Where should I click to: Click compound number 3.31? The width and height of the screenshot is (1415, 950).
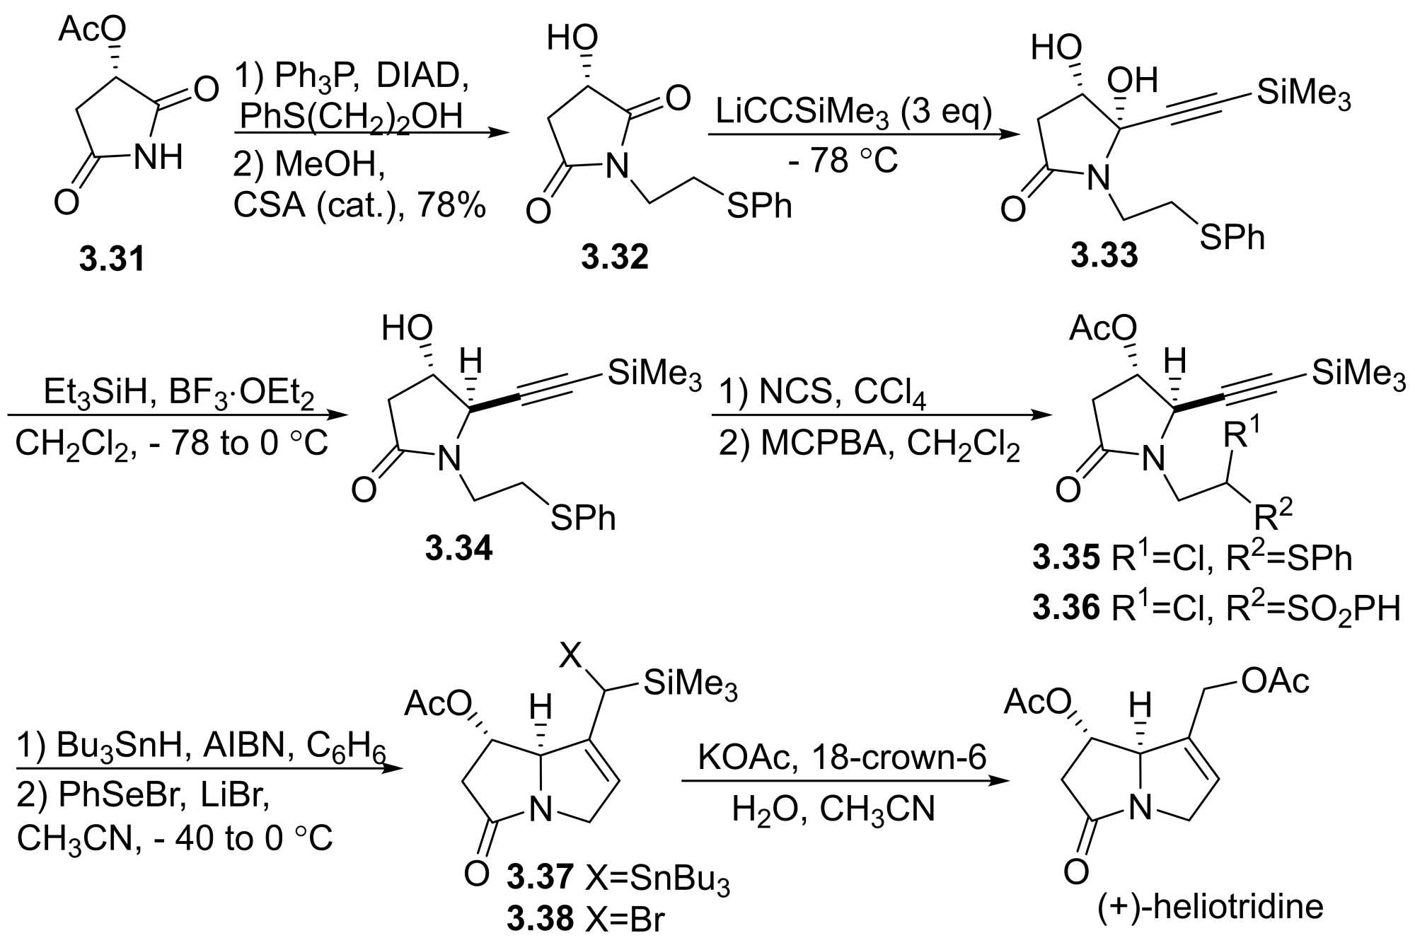[112, 259]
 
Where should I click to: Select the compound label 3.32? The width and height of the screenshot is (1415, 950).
[614, 257]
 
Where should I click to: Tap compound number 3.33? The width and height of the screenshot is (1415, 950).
[1104, 255]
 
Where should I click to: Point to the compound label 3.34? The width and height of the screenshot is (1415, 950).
[458, 548]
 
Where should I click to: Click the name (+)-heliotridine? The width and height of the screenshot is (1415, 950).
[1210, 906]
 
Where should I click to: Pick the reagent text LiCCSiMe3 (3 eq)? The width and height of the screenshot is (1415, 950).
[853, 112]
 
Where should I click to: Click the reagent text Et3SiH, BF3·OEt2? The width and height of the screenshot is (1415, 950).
[178, 393]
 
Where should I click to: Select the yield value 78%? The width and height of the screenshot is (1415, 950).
[451, 205]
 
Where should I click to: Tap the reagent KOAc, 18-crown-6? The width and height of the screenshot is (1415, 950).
[841, 757]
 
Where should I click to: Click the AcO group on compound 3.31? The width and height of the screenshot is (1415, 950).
[92, 30]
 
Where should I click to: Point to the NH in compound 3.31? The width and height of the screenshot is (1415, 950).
[158, 157]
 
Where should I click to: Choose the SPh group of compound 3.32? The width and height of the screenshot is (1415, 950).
[759, 206]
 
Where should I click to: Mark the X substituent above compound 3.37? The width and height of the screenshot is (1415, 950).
[570, 655]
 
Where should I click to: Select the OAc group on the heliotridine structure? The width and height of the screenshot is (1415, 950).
[1275, 680]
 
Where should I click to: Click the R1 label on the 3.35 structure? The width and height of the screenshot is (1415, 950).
[1241, 433]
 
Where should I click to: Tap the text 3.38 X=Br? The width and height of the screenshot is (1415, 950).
[585, 920]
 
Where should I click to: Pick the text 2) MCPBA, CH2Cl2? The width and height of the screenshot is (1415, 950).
[869, 444]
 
